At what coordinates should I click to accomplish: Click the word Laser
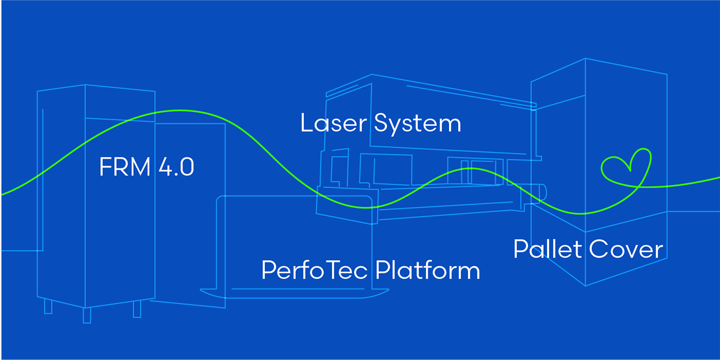pyautogui.click(x=333, y=123)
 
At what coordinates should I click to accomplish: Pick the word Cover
pyautogui.click(x=626, y=249)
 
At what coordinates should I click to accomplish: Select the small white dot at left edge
pyautogui.click(x=1, y=250)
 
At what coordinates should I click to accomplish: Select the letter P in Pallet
pyautogui.click(x=521, y=249)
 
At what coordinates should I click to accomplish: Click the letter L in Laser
pyautogui.click(x=306, y=123)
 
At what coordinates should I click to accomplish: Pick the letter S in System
pyautogui.click(x=382, y=123)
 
